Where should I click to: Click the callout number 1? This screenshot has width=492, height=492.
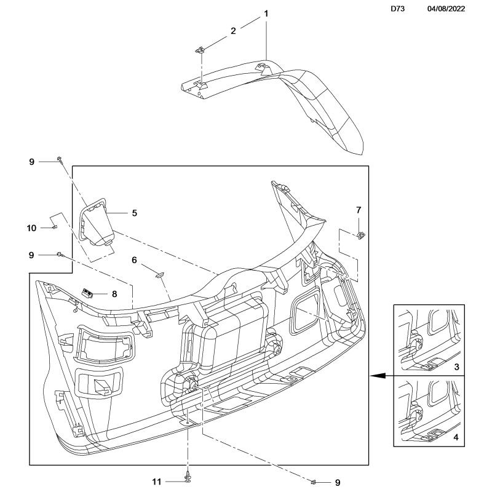coord(266,13)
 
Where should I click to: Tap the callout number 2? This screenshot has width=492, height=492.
coord(233,30)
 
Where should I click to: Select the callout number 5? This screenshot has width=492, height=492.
coord(133,213)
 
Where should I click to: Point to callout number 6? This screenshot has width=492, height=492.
coord(133,260)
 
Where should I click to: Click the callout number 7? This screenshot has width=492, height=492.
coord(359,210)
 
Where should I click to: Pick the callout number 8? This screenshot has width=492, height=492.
coord(114,294)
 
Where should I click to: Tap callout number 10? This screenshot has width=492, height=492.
coord(32,228)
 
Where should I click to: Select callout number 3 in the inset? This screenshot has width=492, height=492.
coord(456,367)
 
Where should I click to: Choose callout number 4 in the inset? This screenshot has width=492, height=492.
coord(456,437)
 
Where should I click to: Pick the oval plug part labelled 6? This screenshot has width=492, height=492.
coord(161,275)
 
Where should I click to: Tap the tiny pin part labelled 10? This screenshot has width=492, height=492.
coord(54,228)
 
